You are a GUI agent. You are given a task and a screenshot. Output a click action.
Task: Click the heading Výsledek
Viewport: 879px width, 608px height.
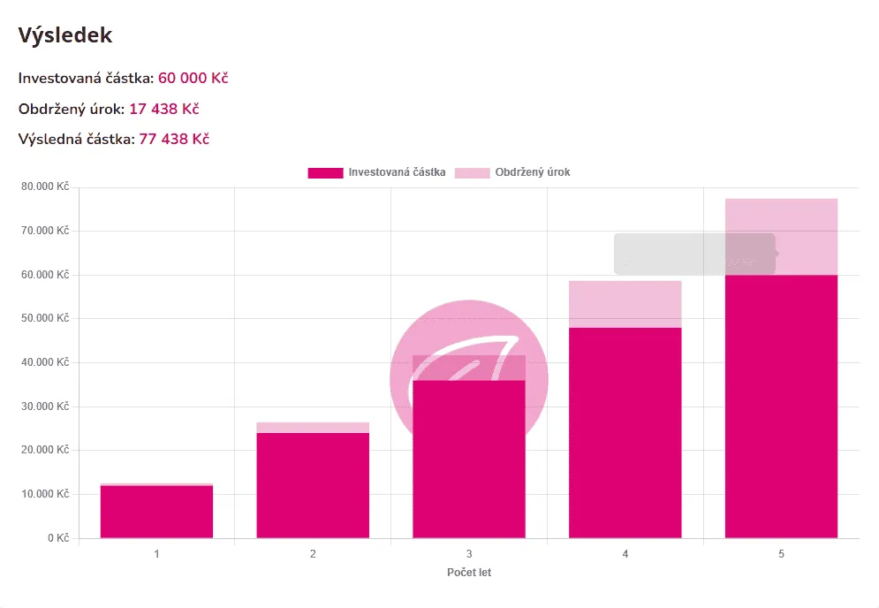click(x=65, y=35)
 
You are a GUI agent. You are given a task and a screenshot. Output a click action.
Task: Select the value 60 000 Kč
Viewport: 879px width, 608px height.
click(x=193, y=79)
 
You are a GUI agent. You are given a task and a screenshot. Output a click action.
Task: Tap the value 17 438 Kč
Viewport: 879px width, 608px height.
click(x=163, y=109)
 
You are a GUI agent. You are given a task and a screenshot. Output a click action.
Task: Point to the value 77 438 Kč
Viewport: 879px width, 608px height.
click(x=173, y=139)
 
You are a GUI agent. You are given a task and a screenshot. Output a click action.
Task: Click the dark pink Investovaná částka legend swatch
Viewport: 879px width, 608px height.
click(x=324, y=172)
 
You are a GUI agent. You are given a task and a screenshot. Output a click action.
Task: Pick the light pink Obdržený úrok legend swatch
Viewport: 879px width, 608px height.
click(x=472, y=172)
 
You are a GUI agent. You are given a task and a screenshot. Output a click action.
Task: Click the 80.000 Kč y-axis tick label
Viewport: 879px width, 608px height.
click(x=45, y=186)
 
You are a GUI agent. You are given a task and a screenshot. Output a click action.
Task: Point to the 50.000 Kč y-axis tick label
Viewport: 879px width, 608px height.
click(x=45, y=318)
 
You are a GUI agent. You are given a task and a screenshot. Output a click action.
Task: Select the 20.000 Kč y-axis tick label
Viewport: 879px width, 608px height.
click(x=45, y=450)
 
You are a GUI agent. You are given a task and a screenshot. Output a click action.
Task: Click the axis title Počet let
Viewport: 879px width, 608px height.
click(x=469, y=573)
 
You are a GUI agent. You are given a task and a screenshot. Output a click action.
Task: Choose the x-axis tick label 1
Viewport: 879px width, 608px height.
click(x=156, y=554)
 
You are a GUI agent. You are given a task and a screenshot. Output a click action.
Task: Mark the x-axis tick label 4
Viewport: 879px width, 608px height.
click(x=625, y=554)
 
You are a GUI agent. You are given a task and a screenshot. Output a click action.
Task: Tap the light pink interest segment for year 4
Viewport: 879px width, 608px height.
click(x=625, y=304)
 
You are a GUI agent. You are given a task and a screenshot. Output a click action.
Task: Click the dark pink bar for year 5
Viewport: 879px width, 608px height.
click(x=781, y=407)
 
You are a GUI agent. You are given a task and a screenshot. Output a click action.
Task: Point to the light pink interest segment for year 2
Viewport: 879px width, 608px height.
click(x=313, y=428)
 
